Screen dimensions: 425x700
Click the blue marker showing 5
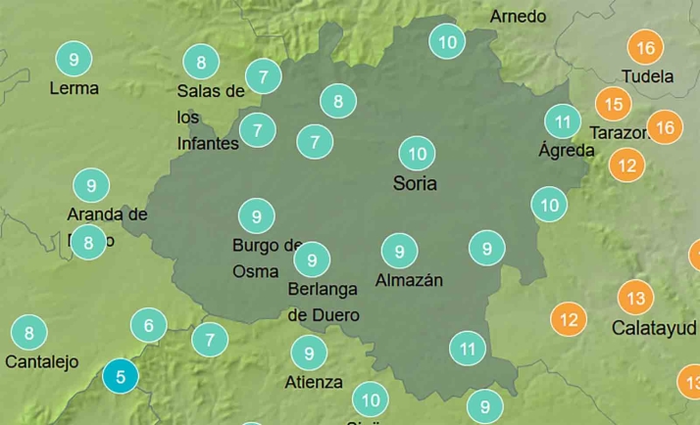[121, 376]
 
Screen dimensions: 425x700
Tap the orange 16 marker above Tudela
[645, 48]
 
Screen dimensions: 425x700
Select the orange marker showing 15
[614, 104]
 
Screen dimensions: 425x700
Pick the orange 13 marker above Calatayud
[636, 298]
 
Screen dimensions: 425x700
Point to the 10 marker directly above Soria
[418, 154]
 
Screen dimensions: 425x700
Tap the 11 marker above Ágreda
[563, 122]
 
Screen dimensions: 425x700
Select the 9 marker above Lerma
[74, 59]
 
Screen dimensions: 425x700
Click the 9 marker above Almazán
[399, 251]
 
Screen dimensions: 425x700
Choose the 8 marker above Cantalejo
[29, 333]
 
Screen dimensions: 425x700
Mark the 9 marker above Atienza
[309, 353]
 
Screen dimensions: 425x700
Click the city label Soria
[415, 183]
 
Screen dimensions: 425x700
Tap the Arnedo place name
[518, 17]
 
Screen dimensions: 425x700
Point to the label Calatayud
[654, 328]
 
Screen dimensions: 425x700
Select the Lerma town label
[74, 88]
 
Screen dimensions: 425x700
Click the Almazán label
[409, 280]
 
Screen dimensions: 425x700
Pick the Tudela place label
[648, 76]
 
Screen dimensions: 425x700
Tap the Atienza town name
[314, 382]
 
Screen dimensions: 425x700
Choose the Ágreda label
[567, 150]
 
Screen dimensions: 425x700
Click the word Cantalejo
[41, 361]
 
